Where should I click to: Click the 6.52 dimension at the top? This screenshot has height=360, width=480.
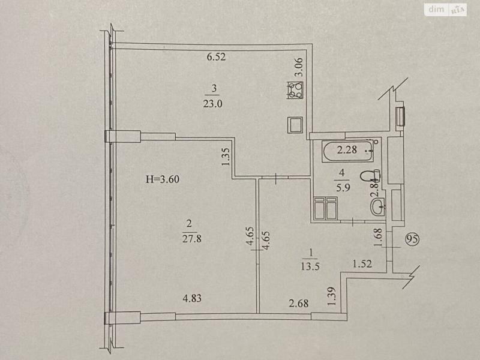(x=215, y=58)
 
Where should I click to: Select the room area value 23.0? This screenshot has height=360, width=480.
(x=215, y=103)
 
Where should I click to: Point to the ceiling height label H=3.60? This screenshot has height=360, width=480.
(x=164, y=179)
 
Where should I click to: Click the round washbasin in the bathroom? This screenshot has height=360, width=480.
(x=379, y=208)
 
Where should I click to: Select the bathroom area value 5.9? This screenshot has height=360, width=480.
(x=341, y=187)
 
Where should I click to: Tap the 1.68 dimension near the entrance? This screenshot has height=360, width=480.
(x=377, y=239)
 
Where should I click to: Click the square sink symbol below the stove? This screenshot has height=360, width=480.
(x=294, y=124)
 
